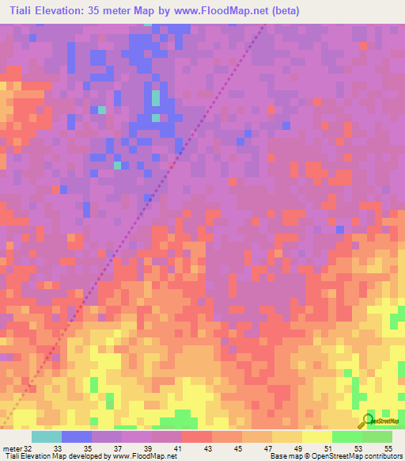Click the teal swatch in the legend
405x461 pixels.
point(47,436)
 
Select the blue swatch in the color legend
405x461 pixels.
point(77,436)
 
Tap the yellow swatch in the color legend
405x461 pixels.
point(316,436)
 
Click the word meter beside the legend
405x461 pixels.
point(11,448)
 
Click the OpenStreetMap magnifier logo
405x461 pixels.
point(367,421)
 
